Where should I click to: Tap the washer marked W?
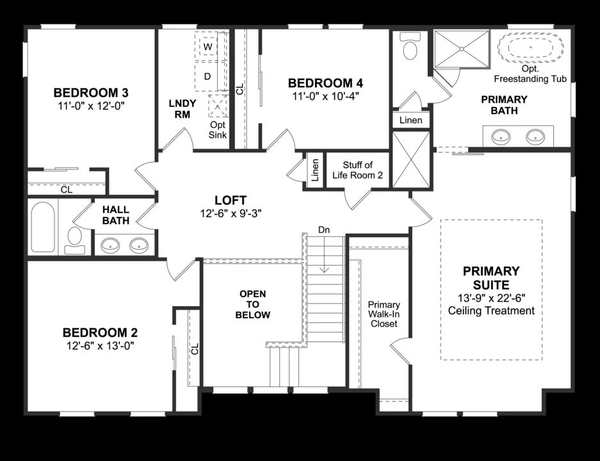tap(207, 47)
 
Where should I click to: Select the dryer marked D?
tap(207, 76)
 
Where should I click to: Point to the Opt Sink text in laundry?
tap(218, 130)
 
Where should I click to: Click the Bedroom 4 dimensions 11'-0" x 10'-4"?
tap(325, 97)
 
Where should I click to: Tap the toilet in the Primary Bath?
tap(409, 47)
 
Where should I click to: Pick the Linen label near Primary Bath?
tap(410, 120)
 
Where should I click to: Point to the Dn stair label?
tap(324, 229)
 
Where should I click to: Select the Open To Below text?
tap(252, 304)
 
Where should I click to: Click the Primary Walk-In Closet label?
tap(384, 314)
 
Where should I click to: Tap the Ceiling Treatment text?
tap(491, 311)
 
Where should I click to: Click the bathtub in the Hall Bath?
tap(42, 227)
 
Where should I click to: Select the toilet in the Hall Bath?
tap(74, 237)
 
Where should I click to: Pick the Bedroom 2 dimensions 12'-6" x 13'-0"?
tap(99, 346)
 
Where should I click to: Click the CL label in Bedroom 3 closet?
tap(67, 190)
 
